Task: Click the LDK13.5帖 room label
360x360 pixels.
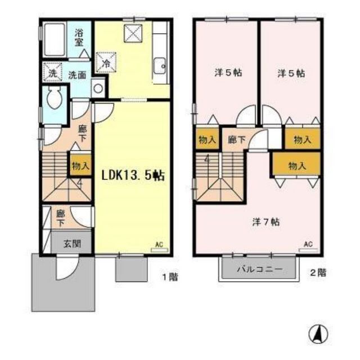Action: tap(132, 175)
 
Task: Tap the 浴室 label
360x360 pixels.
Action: tap(79, 37)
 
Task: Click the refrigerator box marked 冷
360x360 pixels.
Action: tap(106, 61)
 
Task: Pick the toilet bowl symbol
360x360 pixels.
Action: tap(55, 101)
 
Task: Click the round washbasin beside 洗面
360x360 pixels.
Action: tap(98, 88)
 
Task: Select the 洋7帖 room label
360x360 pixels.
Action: tap(262, 222)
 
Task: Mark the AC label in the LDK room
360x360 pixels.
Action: tap(159, 245)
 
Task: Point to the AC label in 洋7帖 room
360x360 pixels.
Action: tap(308, 244)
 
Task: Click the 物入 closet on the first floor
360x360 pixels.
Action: tap(79, 165)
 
